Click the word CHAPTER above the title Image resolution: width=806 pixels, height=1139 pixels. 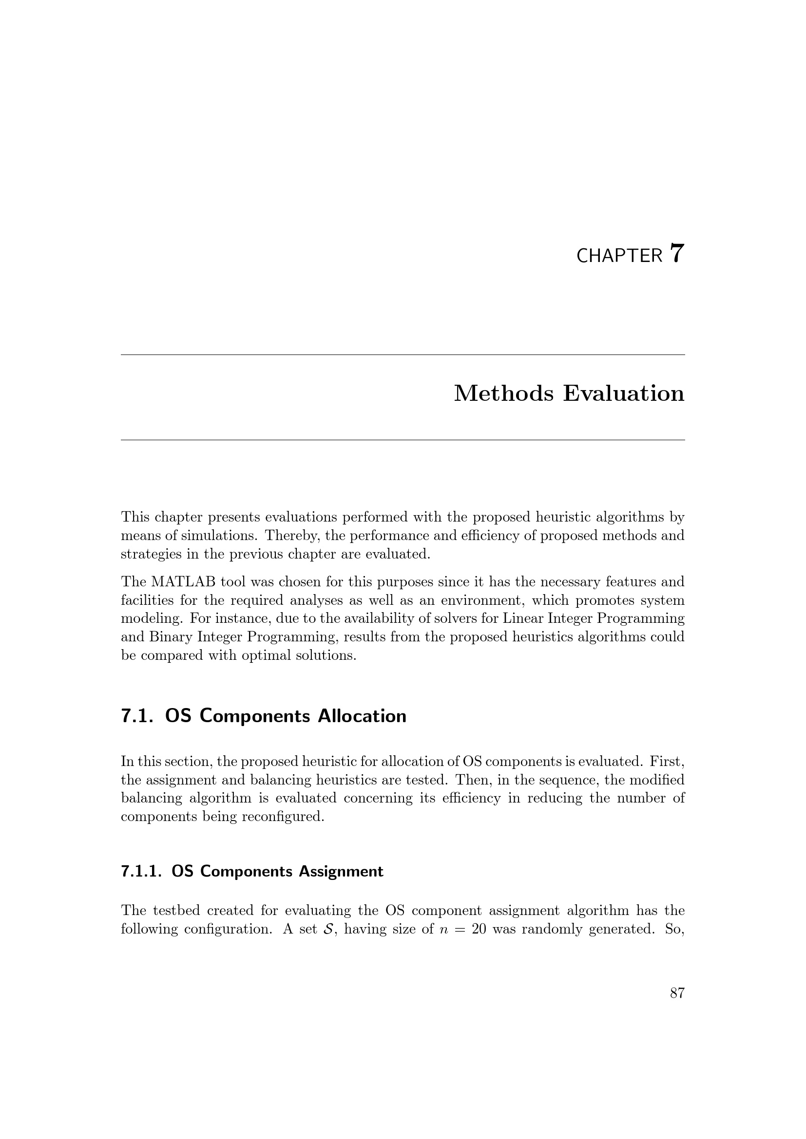pos(619,256)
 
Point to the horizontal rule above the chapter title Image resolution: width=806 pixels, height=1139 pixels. pos(403,355)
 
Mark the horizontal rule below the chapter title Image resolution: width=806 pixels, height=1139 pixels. pos(403,440)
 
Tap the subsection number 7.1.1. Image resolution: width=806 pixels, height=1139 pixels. pos(141,872)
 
